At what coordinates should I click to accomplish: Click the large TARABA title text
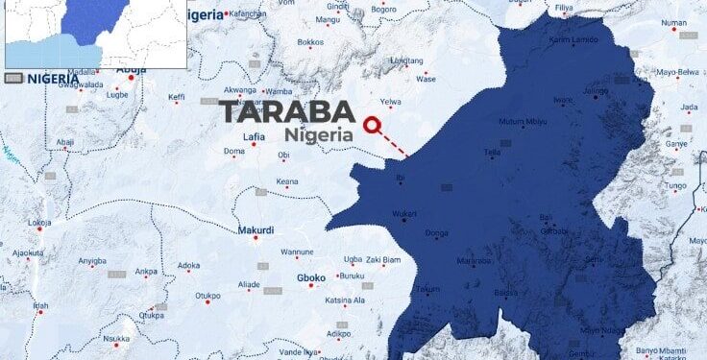[x=287, y=111]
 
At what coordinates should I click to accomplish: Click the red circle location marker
[x=372, y=124]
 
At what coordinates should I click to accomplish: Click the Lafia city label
[x=255, y=137]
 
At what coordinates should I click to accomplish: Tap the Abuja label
[x=132, y=70]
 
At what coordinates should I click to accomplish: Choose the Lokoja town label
[x=39, y=223]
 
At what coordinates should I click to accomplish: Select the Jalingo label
[x=597, y=91]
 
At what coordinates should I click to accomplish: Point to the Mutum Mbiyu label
[x=523, y=122]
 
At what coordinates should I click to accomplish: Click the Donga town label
[x=436, y=233]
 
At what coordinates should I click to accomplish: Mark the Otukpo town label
[x=208, y=296]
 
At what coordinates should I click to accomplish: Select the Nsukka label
[x=117, y=339]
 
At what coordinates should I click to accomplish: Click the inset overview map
[x=95, y=35]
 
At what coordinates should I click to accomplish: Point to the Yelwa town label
[x=391, y=102]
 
